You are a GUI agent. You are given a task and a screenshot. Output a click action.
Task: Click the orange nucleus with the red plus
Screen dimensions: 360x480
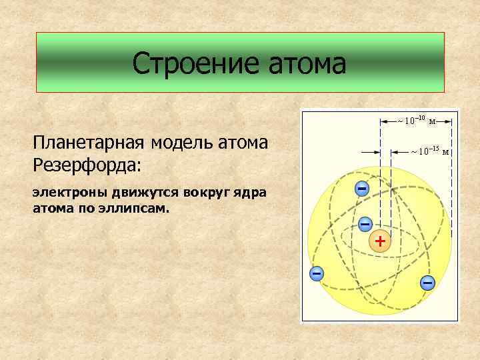[379, 241]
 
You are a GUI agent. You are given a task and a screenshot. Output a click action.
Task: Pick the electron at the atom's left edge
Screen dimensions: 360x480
[317, 273]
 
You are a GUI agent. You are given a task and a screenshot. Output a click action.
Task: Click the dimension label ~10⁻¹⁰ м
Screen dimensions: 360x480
[417, 121]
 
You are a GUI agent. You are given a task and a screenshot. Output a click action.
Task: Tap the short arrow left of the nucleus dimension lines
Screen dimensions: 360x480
[369, 152]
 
